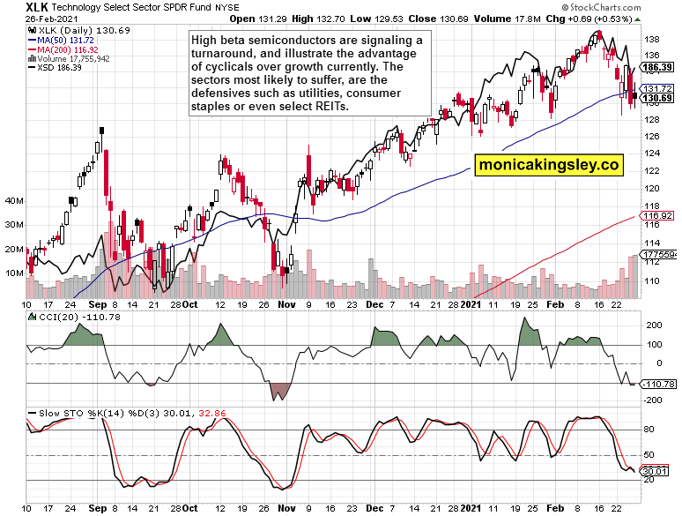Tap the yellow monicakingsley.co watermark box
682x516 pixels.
click(550, 164)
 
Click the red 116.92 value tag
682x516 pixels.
click(657, 215)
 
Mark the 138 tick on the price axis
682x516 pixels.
click(653, 41)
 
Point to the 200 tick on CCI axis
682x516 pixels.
click(654, 325)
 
